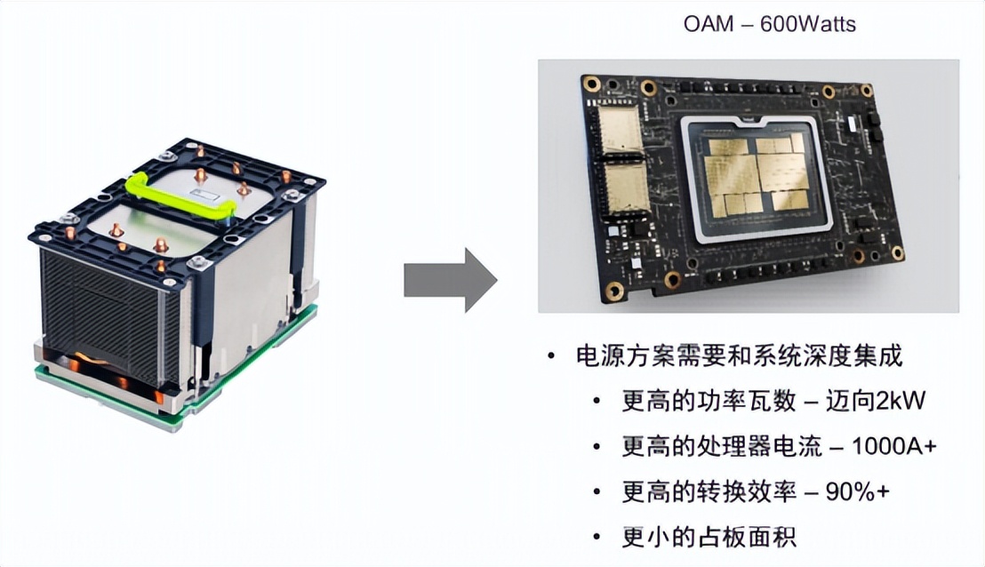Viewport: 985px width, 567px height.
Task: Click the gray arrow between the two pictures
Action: coord(449,280)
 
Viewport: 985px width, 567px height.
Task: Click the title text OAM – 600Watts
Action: coord(769,24)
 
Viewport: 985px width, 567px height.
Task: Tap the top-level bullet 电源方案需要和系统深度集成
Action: coord(739,357)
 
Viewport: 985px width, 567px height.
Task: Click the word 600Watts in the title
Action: coord(808,24)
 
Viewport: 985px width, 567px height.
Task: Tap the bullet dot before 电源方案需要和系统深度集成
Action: coord(551,357)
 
